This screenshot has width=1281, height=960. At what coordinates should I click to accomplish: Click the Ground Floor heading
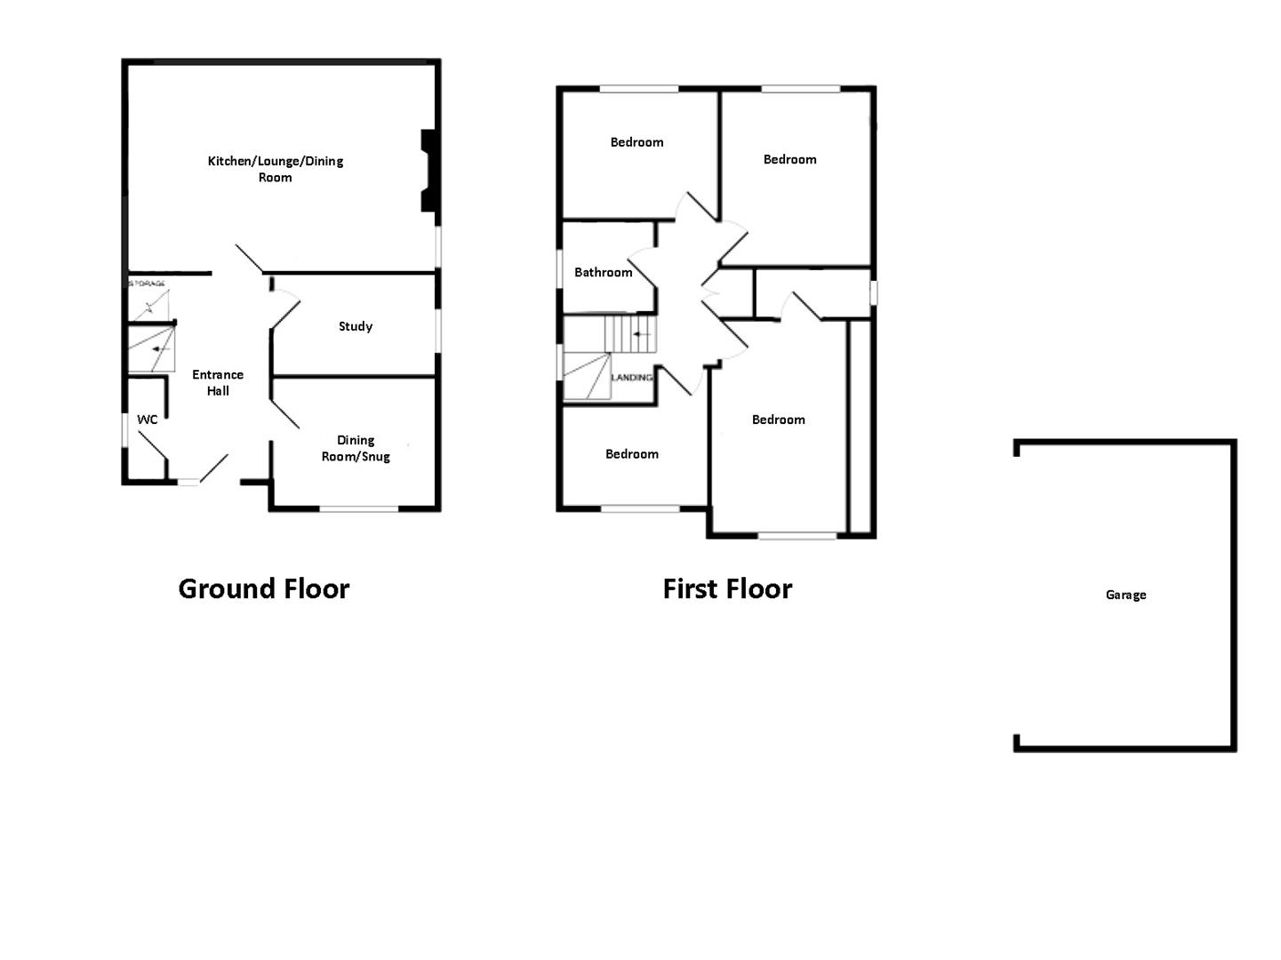click(264, 588)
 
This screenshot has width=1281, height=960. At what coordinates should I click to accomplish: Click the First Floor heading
click(727, 588)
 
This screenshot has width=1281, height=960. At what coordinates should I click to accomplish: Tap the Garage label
click(1125, 595)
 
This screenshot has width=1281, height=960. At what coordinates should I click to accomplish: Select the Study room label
click(355, 326)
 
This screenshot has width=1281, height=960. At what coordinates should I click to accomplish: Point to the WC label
click(147, 420)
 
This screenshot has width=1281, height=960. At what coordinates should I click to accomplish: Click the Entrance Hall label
click(218, 382)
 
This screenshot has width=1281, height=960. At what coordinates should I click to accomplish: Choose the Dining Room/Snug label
click(356, 448)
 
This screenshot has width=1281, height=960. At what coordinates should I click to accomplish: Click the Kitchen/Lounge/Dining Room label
click(276, 169)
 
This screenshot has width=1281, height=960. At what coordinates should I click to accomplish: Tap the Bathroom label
click(603, 272)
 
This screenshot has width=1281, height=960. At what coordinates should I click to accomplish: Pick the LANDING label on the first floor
click(632, 378)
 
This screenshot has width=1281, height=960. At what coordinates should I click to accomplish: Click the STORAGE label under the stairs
click(148, 284)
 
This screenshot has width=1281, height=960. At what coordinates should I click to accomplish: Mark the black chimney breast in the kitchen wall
click(428, 171)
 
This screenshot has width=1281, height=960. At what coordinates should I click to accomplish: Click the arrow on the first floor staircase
click(641, 334)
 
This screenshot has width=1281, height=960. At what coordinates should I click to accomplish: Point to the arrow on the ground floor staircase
click(160, 349)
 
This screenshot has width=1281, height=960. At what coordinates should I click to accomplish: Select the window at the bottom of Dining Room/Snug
click(359, 508)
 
